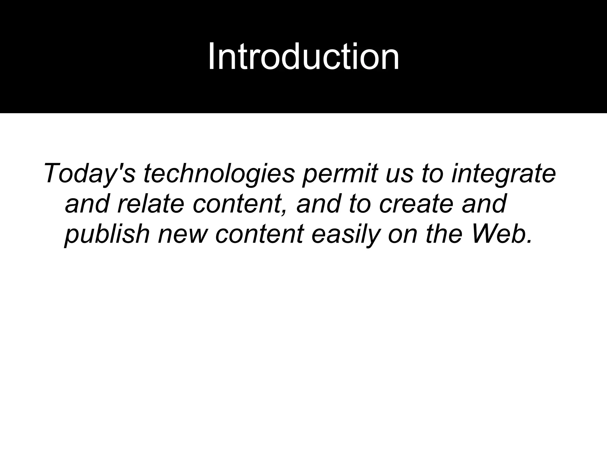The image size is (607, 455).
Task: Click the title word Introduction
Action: (303, 56)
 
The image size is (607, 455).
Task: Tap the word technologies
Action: (219, 173)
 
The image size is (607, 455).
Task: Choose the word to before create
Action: (360, 204)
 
